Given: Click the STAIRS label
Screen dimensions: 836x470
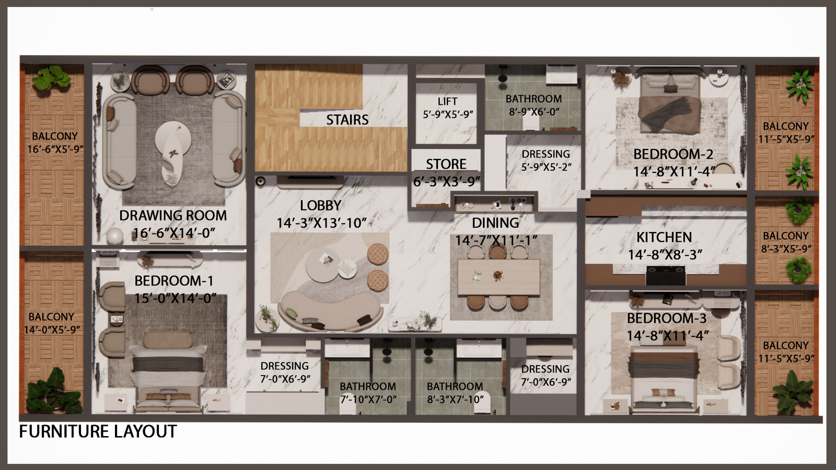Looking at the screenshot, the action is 347,120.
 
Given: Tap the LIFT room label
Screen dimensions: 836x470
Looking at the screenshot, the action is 447,101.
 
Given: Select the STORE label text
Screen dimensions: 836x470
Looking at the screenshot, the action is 446,164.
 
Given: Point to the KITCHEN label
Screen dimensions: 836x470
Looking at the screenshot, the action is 664,237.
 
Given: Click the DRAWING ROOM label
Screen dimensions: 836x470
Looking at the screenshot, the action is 173,216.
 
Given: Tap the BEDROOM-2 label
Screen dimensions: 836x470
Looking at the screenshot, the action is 674,155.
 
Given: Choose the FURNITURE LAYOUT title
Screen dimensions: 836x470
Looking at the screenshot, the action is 98,431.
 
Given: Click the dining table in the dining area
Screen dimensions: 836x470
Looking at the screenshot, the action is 498,277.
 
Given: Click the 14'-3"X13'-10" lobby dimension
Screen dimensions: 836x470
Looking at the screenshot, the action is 321,223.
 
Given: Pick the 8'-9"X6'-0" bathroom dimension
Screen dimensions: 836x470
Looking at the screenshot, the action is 533,112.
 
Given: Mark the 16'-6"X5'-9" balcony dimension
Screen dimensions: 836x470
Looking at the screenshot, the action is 55,149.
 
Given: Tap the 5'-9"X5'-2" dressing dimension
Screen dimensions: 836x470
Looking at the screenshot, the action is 546,167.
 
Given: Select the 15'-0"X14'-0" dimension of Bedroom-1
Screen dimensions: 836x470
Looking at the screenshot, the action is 176,298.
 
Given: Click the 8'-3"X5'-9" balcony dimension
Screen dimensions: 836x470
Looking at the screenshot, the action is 786,249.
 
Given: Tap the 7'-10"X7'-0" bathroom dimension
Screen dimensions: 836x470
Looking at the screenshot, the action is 368,399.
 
